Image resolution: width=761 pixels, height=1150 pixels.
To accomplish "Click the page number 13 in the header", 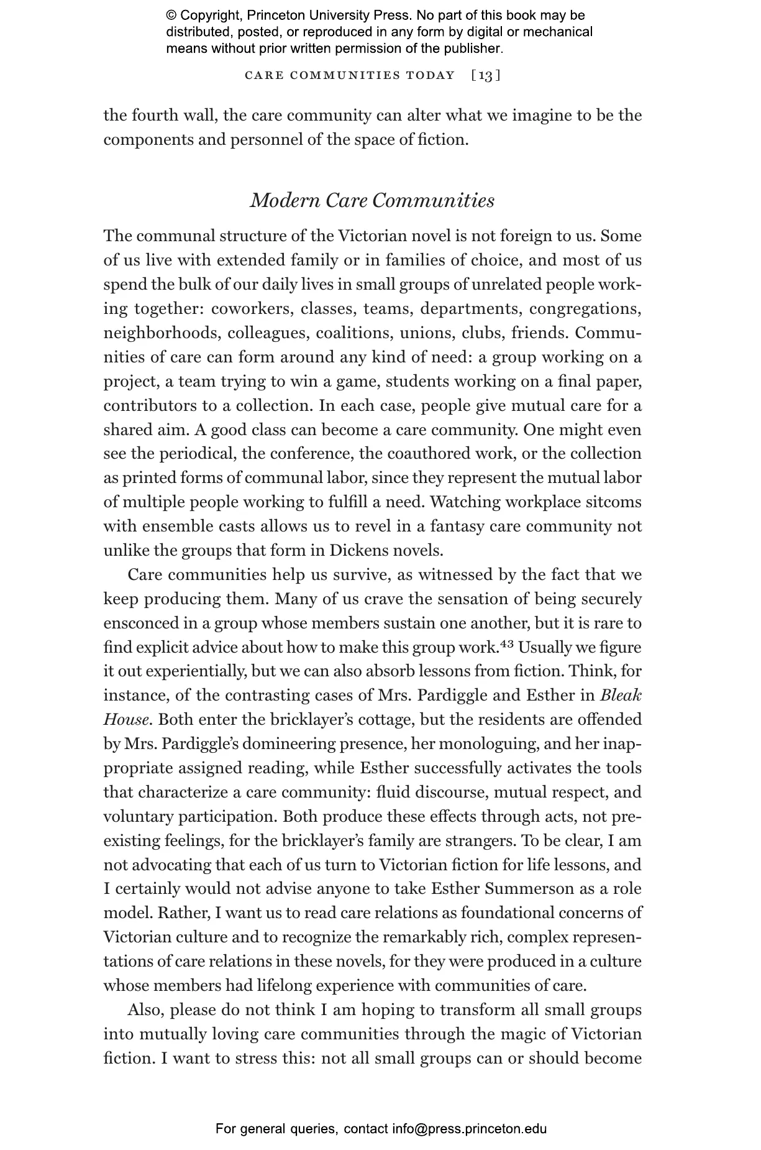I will pyautogui.click(x=486, y=76).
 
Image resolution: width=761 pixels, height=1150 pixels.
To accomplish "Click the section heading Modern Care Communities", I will pyautogui.click(x=372, y=201).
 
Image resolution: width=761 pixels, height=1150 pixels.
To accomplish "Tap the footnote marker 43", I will pyautogui.click(x=507, y=643).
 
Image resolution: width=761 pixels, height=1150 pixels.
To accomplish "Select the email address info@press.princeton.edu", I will pyautogui.click(x=469, y=1129).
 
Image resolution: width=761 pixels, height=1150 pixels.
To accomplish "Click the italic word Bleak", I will pyautogui.click(x=621, y=696).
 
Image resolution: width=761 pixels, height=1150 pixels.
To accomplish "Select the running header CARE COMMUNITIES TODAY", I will pyautogui.click(x=350, y=76).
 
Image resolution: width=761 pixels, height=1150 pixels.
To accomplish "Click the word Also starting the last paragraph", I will pyautogui.click(x=145, y=1010).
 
